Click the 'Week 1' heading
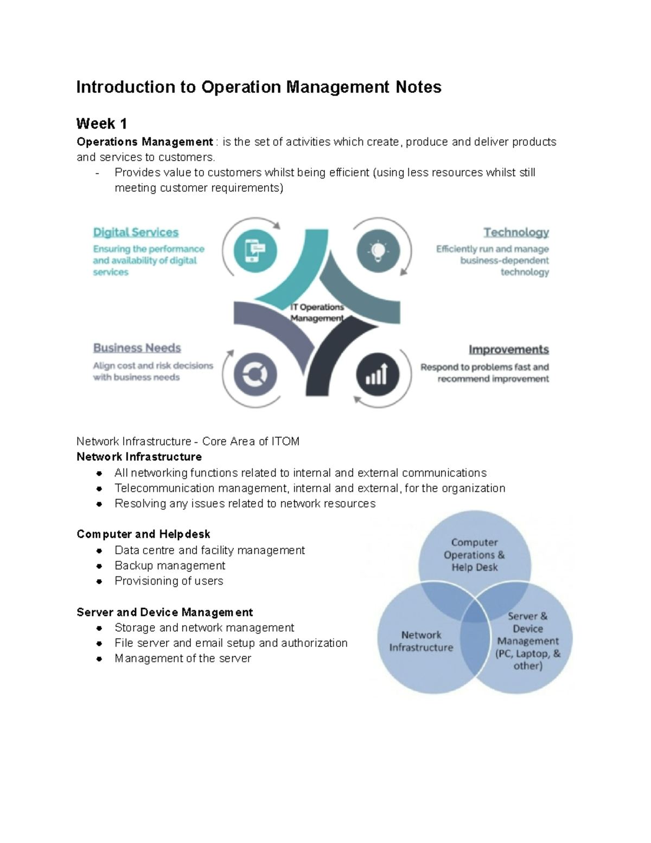point(101,124)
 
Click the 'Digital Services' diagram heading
point(136,232)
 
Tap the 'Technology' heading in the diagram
point(516,232)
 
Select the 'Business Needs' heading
point(137,348)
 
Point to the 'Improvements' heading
point(508,350)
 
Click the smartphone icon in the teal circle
point(255,251)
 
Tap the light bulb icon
point(378,251)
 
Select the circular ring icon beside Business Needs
point(255,375)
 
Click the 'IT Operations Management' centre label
point(317,313)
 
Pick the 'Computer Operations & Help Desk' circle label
point(474,554)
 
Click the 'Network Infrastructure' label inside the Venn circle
point(421,641)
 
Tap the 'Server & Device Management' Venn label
point(527,641)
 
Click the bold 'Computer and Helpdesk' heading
point(143,534)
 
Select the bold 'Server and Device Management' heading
point(164,612)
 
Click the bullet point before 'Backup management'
point(99,566)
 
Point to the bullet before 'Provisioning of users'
point(99,581)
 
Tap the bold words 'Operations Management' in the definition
point(144,142)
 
